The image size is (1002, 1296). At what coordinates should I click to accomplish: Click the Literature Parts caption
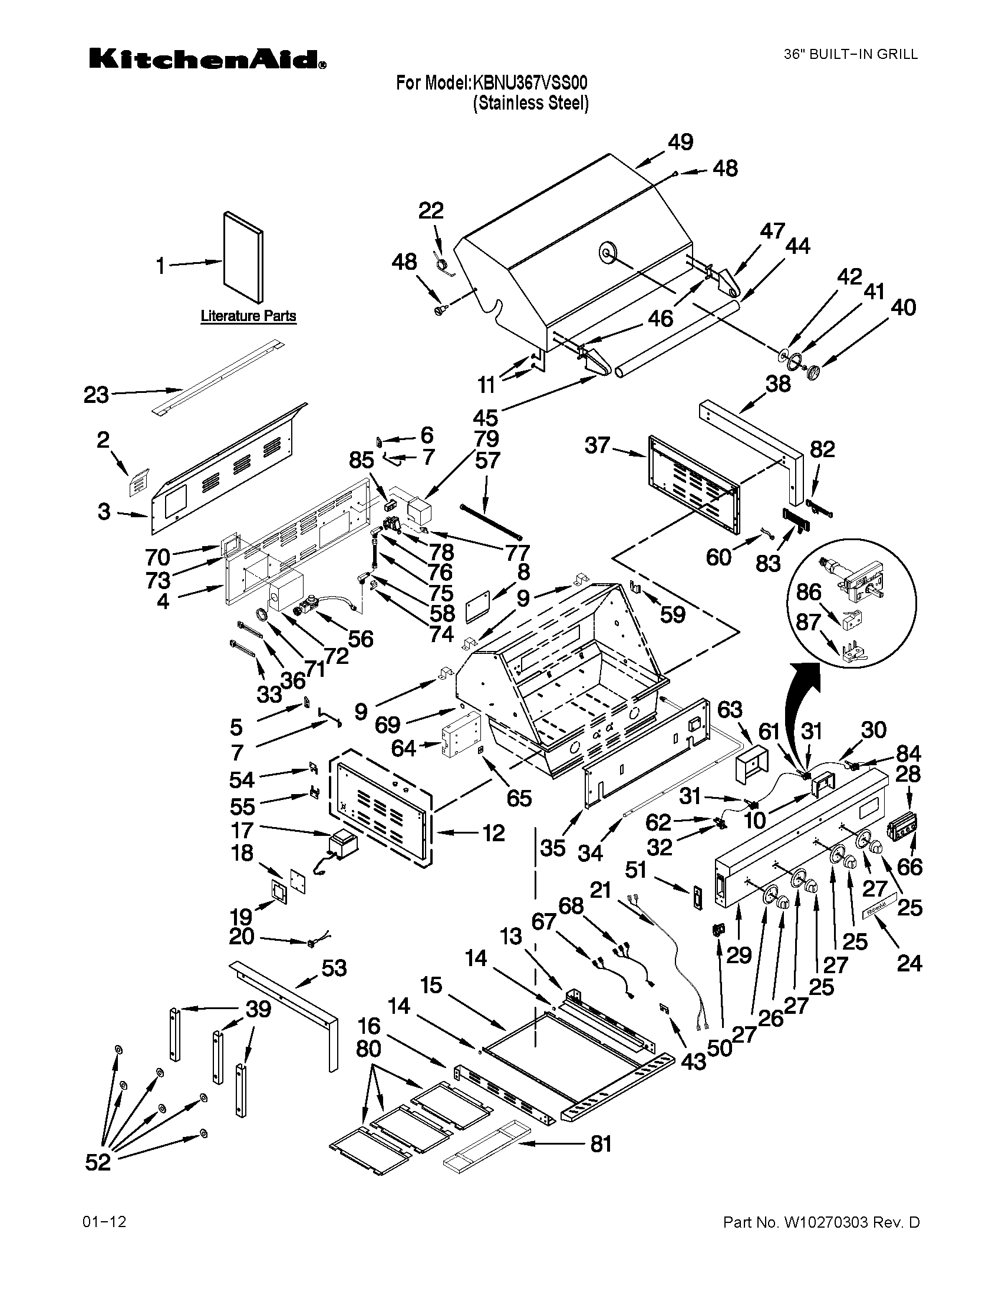248,316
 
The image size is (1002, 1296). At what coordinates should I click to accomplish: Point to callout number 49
680,143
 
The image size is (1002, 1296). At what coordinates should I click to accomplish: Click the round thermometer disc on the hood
607,252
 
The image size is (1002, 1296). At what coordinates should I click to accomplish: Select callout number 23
96,394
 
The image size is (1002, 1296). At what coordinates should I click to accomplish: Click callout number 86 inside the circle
809,591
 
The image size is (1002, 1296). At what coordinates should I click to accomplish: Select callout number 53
334,969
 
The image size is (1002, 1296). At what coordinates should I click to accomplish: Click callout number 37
597,445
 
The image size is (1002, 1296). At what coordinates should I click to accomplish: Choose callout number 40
903,308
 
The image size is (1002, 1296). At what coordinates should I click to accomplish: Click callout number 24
909,963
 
